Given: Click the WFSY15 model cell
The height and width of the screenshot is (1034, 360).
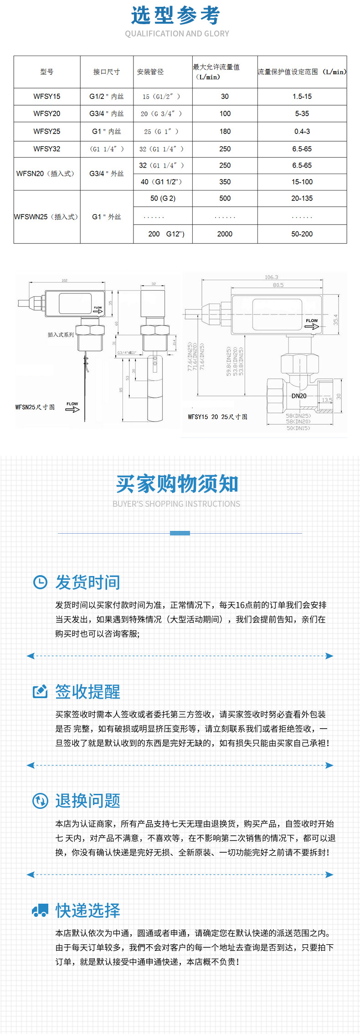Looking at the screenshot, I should pos(46,97).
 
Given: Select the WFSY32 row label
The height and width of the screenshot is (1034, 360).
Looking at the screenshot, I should pos(46,149).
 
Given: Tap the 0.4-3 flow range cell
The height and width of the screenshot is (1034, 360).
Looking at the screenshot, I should pos(302,132).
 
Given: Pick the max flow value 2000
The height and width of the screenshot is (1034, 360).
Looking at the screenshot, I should pos(225,234).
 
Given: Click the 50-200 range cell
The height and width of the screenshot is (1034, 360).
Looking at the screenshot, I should pos(302,234).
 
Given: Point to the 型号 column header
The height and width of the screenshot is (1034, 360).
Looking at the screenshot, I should pos(46,72).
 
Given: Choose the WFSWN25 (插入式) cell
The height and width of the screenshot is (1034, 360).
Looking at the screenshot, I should pos(46,217).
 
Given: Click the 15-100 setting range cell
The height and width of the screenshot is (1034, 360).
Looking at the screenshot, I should pos(302,182).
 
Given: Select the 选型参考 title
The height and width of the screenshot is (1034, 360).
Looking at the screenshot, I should pos(176,15).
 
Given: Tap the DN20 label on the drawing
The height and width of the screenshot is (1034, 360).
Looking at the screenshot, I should pos(299,396).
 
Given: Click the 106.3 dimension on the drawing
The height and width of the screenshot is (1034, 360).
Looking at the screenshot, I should pos(271,277).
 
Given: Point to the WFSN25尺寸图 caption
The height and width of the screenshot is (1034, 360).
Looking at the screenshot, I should pos(35,407).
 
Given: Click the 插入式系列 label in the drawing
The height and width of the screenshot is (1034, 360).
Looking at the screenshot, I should pos(61,335).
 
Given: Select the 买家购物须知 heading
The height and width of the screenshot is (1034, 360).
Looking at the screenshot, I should pos(177,484).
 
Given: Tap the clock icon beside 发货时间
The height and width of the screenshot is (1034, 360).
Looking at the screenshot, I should pos(40,582).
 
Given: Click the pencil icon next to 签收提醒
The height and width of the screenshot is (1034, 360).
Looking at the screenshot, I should pos(40,691).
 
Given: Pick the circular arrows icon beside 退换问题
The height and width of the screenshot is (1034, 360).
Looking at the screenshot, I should pos(40,801).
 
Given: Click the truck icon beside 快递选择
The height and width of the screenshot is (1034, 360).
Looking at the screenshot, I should pos(40,910).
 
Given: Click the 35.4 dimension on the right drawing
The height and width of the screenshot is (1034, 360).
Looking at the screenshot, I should pos(336,319).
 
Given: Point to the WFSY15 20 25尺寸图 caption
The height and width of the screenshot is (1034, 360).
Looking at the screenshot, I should pos(217,417).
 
